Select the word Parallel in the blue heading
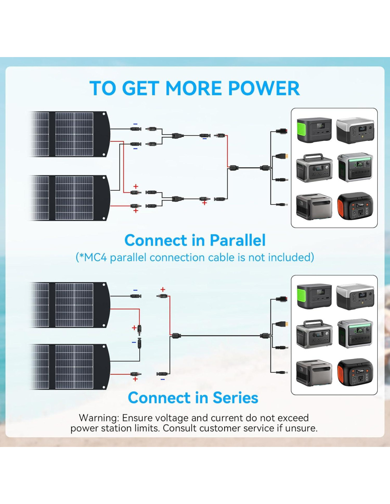[237, 240]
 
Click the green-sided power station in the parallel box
[314, 129]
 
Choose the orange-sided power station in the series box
[355, 372]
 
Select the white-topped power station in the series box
[355, 296]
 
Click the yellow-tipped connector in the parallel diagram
[283, 156]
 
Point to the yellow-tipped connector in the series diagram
[283, 324]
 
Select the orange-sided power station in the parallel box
[355, 206]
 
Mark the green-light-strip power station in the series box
[355, 334]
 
